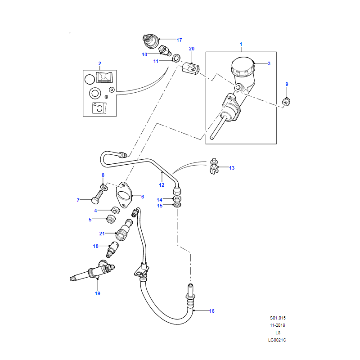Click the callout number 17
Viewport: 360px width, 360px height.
point(179,40)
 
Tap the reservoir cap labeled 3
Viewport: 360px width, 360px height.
point(242,67)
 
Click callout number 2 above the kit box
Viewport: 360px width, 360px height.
point(99,63)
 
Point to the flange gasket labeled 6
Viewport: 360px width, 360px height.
point(123,194)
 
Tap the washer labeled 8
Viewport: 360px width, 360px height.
point(104,186)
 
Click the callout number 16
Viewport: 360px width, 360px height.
point(212,310)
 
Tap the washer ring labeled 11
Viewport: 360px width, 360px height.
point(176,58)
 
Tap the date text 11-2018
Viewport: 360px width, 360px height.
point(278,325)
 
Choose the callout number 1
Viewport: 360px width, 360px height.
point(241,44)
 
